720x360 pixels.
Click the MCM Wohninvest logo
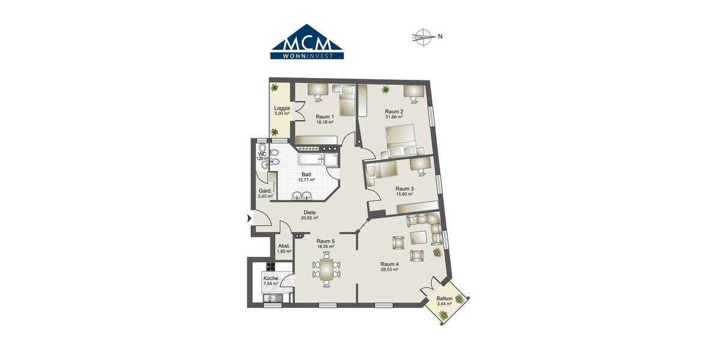click(307, 42)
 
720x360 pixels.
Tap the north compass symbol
click(424, 37)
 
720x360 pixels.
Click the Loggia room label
click(282, 108)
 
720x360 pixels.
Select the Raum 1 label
click(325, 116)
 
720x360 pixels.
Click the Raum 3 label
click(404, 188)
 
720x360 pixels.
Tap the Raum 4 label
click(389, 264)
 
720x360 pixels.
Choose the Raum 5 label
click(325, 241)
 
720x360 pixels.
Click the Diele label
click(310, 212)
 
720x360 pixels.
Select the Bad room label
click(306, 175)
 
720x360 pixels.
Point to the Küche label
click(271, 279)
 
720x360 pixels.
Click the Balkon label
click(444, 298)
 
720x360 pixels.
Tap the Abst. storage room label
click(284, 246)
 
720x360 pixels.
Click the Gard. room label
click(265, 191)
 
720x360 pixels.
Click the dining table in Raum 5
click(326, 269)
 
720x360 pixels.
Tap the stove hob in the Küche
click(270, 266)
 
